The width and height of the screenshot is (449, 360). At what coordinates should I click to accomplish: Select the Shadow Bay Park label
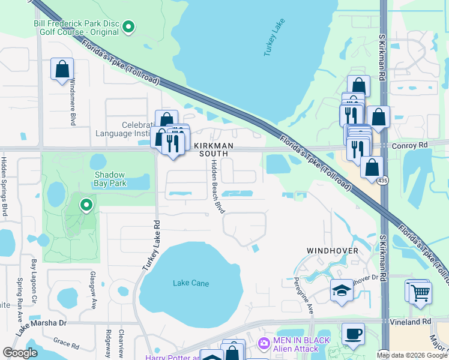110,179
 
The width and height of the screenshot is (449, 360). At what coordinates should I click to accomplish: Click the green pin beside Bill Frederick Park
128,26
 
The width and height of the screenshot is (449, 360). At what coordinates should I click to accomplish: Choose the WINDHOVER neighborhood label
333,250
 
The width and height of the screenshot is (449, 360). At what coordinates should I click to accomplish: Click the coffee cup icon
353,333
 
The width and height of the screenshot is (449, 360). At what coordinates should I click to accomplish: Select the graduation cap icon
342,290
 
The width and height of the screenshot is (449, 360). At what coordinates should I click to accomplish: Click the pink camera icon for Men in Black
263,343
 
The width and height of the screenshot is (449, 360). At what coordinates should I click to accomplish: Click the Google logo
20,353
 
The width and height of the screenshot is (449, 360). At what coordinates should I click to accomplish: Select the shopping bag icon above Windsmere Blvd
62,69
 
